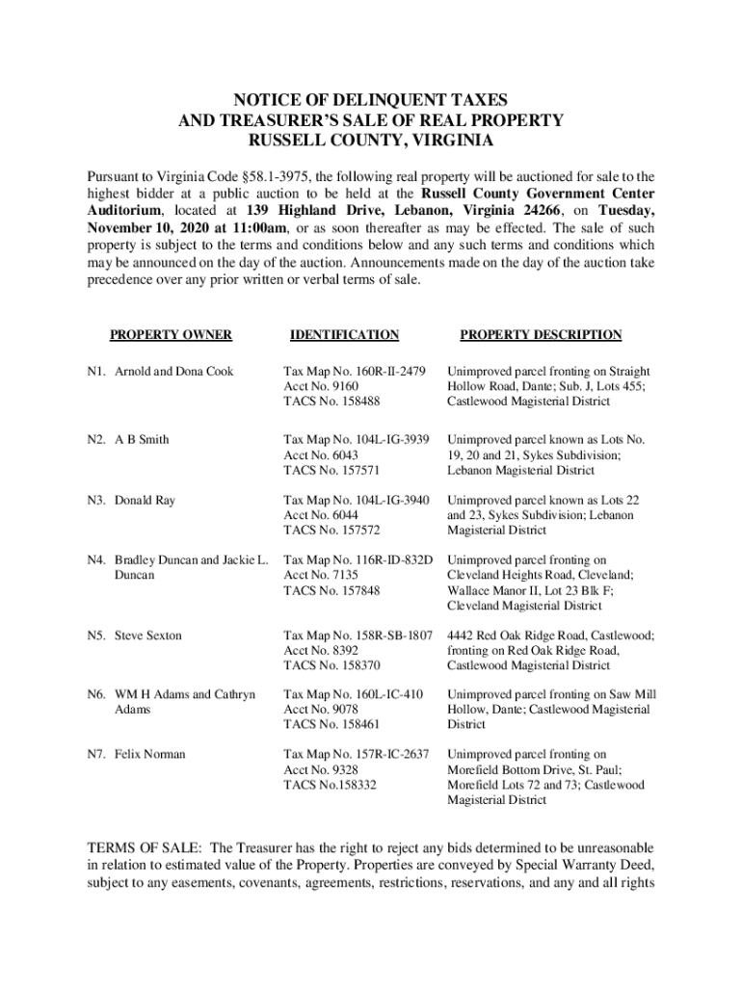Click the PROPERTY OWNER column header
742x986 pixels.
tap(170, 335)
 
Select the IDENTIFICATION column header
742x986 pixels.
tap(344, 335)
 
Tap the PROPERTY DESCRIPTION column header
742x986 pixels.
tap(540, 335)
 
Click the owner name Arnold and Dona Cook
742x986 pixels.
tap(173, 372)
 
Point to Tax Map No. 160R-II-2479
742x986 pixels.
tap(355, 372)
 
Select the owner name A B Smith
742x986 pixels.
tap(142, 440)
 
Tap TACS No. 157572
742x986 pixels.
tap(331, 531)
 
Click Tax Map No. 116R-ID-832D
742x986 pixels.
tap(358, 559)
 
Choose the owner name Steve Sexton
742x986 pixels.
tap(147, 636)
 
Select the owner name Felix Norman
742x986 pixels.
tap(149, 754)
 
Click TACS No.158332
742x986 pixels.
tap(330, 785)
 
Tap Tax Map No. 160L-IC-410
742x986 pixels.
tap(353, 694)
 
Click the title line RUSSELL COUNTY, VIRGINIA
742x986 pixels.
tap(371, 141)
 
